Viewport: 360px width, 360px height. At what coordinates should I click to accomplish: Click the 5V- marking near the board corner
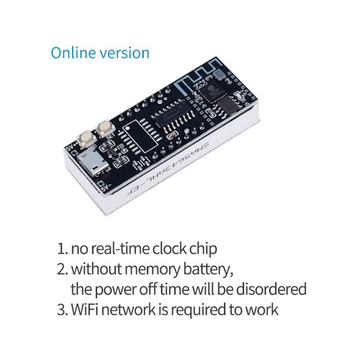pos(104,187)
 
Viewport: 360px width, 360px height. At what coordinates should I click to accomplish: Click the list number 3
pos(61,310)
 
